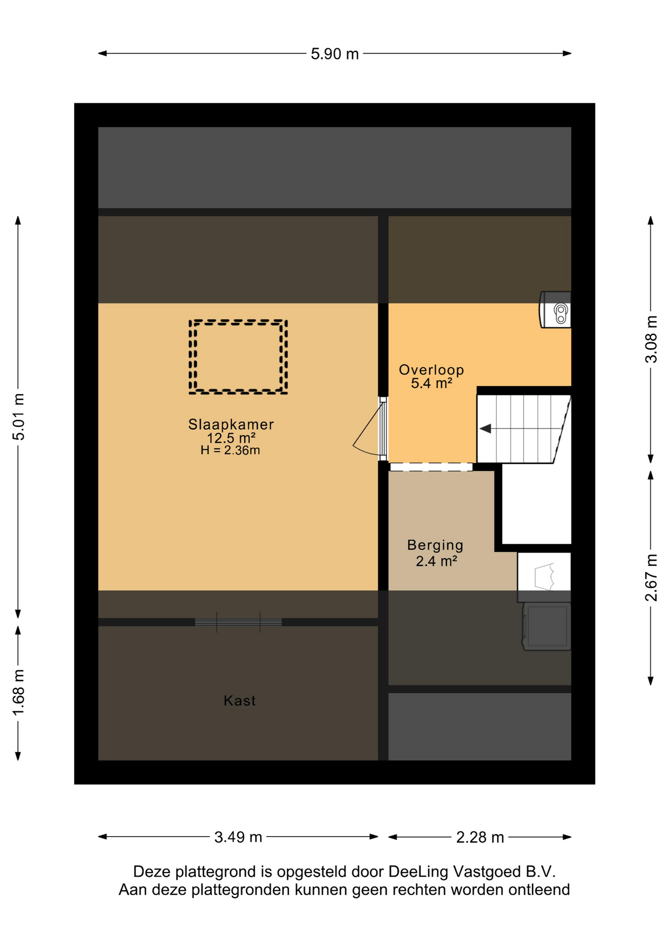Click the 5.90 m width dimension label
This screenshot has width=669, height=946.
pos(334,54)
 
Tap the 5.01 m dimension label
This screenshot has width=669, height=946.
pos(18,416)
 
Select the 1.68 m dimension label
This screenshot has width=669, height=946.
pos(18,693)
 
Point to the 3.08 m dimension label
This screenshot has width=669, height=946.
pos(651,339)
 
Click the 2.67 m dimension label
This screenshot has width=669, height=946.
pos(651,577)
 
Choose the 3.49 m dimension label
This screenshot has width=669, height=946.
pos(238,837)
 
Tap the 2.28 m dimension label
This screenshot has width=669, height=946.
pos(480,837)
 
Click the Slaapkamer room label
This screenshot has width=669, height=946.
pos(231,424)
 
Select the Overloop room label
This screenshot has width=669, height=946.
pos(431,370)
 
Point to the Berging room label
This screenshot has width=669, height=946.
pos(435,545)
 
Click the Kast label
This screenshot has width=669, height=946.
pos(239,701)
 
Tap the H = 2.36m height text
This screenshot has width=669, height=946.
pos(230,450)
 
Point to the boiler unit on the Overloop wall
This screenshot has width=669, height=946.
pos(555,309)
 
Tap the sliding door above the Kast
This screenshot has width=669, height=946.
pos(238,622)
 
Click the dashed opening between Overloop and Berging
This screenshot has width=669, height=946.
pos(431,467)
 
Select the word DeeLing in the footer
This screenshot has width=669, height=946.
pos(418,872)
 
